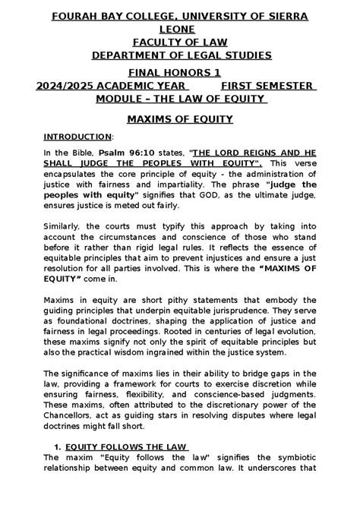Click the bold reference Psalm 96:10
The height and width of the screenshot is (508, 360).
point(147,152)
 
